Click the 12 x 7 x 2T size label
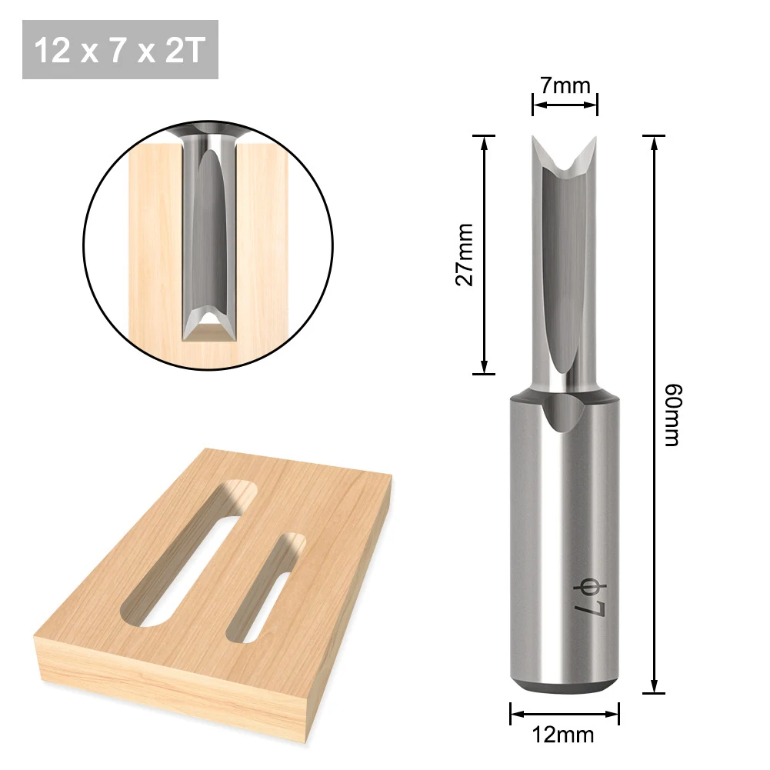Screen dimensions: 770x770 coord(120,50)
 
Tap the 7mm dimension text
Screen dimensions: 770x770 coord(565,85)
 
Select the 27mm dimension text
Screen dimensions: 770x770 coord(465,255)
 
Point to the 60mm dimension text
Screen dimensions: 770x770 coord(671,415)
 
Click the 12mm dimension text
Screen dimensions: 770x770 coord(565,735)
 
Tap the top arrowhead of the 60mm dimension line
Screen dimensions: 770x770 coord(654,141)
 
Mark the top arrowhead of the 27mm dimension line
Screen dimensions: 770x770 coord(484,141)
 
